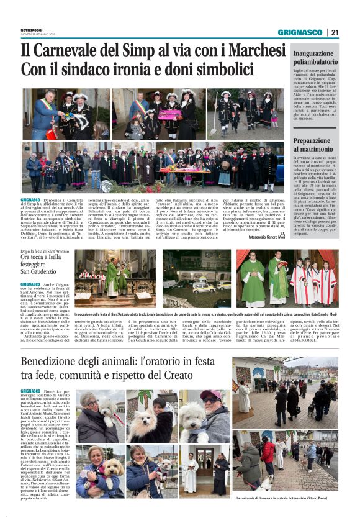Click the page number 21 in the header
pyautogui.click(x=335, y=32)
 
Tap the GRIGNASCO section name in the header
pyautogui.click(x=299, y=32)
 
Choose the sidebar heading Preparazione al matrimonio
pyautogui.click(x=316, y=145)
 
